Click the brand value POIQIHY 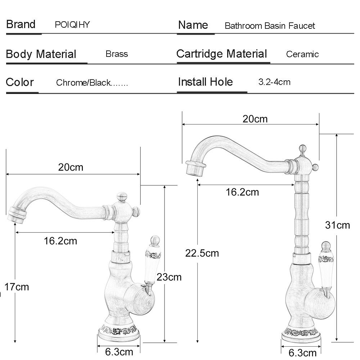[72, 25]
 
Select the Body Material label [41, 54]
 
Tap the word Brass [117, 54]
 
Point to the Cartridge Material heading [221, 54]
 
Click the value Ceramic [302, 54]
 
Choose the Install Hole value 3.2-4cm [274, 82]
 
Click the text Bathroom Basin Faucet [270, 26]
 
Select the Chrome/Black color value [92, 83]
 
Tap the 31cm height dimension [337, 225]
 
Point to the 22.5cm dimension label [202, 253]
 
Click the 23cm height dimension [169, 277]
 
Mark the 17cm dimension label [17, 287]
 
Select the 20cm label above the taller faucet [255, 119]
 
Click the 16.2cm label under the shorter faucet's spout [60, 241]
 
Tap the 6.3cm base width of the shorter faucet [119, 351]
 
